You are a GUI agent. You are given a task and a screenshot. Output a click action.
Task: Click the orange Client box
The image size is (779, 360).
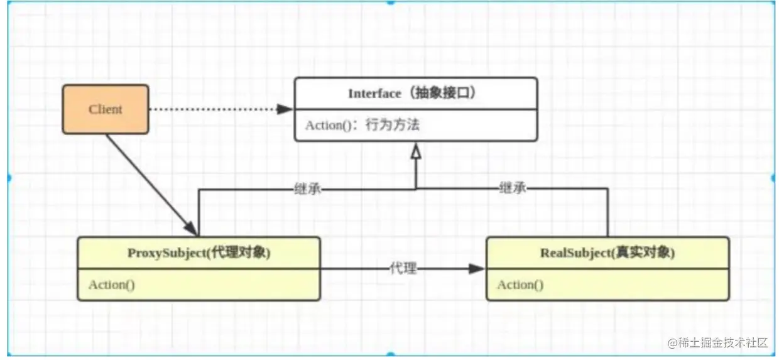tap(106, 109)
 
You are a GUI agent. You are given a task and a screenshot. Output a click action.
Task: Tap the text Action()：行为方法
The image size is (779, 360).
tap(362, 125)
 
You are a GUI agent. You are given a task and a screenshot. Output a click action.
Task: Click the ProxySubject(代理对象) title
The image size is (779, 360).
tap(199, 253)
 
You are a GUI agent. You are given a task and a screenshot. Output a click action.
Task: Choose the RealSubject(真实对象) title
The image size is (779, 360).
tap(607, 253)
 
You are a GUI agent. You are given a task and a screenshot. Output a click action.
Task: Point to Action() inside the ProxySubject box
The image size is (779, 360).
tap(112, 285)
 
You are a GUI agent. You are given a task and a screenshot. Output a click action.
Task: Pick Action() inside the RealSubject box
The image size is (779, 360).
tap(521, 285)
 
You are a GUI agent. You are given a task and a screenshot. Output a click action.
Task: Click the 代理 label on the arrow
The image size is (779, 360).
tap(403, 269)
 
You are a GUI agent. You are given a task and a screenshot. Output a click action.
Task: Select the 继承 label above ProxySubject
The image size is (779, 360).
tap(308, 188)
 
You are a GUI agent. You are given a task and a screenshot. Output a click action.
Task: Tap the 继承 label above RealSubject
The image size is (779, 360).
tap(512, 188)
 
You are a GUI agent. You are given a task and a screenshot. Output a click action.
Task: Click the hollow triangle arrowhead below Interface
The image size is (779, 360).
tap(415, 150)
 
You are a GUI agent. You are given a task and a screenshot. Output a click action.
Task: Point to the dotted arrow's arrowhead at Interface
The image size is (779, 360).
tap(286, 109)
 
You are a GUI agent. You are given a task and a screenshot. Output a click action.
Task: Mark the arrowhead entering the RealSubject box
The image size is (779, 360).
tap(477, 269)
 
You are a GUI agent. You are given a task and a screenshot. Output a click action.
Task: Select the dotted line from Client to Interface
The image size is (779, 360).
tap(214, 109)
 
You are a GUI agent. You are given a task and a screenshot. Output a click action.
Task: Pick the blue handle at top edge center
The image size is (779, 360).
tap(390, 2)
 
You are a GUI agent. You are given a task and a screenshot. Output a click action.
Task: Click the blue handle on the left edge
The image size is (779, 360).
tap(8, 178)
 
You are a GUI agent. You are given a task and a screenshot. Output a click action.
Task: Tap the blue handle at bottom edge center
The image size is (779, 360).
tap(390, 356)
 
